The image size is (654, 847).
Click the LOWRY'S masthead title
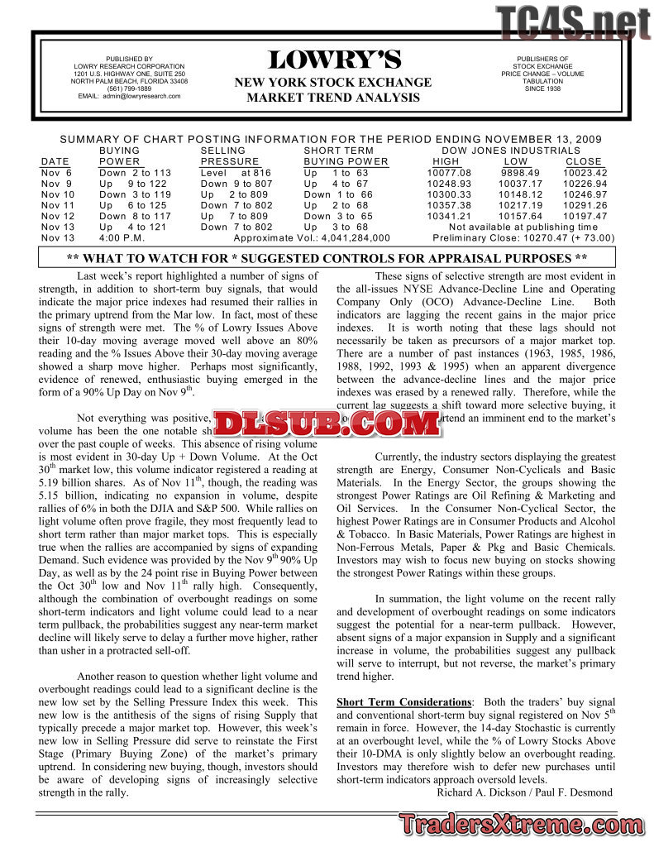pos(334,60)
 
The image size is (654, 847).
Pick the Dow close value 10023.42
pos(585,173)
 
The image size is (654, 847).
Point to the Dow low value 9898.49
pos(520,173)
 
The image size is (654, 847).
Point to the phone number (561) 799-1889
pos(129,89)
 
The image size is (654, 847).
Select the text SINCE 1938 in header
pos(542,89)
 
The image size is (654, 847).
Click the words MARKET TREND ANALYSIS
pos(333,98)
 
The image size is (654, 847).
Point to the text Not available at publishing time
pos(523,227)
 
